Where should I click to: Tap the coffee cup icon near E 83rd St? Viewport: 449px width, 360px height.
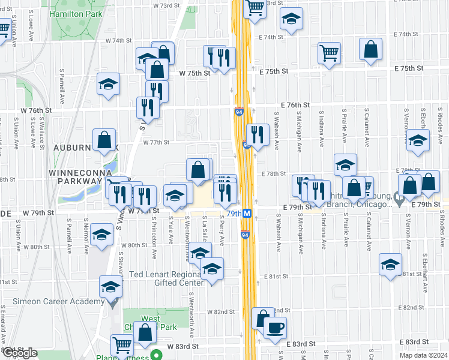(x=275, y=328)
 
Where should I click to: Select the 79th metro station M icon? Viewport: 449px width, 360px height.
(x=255, y=213)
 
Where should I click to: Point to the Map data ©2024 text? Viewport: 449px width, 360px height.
(x=420, y=355)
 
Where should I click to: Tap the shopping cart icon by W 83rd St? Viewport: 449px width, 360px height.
(x=122, y=345)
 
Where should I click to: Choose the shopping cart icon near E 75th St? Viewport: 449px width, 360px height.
(x=329, y=52)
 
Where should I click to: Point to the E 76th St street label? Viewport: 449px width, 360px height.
(x=294, y=104)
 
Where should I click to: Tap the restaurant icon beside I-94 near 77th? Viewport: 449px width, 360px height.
(x=258, y=134)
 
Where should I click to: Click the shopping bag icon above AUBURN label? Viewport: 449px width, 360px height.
(x=104, y=140)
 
